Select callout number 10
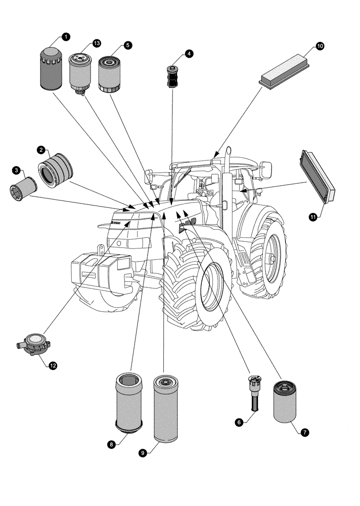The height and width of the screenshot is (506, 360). tap(320, 46)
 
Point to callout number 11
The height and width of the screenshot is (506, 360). tap(313, 217)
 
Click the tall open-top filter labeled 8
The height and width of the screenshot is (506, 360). tap(130, 400)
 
